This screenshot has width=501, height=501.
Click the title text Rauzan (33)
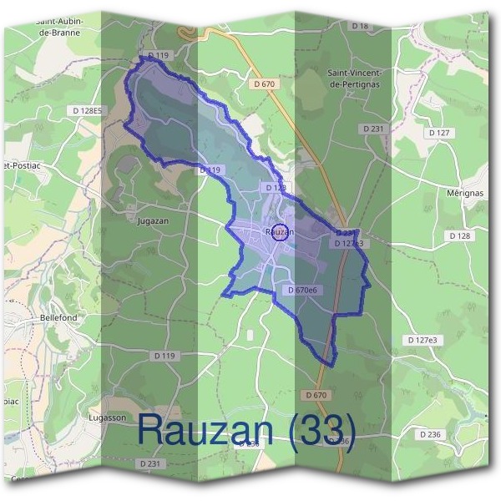pos(246,429)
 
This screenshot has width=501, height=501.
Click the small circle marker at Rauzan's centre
pos(281,233)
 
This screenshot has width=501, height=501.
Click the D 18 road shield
pos(360,27)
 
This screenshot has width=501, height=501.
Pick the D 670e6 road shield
pos(301,290)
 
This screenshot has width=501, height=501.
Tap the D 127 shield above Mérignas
pos(438,133)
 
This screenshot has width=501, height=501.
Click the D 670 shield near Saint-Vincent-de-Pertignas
pos(264,83)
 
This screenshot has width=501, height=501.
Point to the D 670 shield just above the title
pos(316,394)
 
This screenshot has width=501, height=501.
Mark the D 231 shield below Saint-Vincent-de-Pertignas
pos(373,129)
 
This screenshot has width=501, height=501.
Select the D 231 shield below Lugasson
pos(150,463)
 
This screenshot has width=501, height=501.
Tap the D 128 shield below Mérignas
pos(459,236)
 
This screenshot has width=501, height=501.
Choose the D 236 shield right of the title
pos(430,434)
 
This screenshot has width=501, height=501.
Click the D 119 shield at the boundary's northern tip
pos(158,55)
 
